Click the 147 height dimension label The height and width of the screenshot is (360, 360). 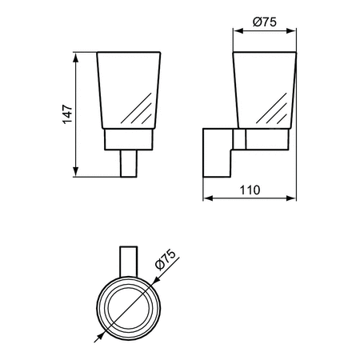(68, 114)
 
